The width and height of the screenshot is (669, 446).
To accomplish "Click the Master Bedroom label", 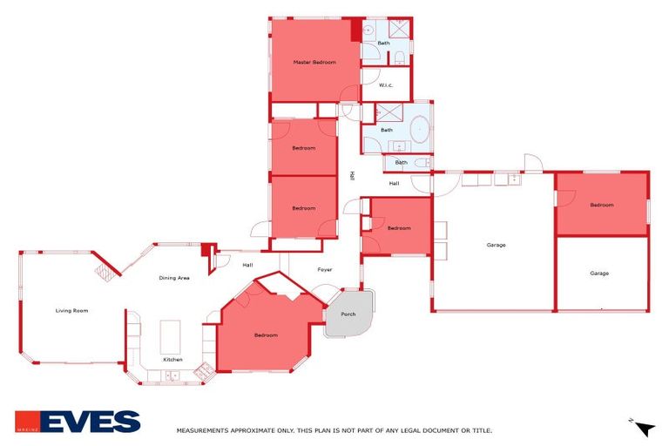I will (314, 63).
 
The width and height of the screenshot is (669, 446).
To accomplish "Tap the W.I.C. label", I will (387, 85).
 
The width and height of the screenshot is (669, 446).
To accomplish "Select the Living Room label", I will (72, 311).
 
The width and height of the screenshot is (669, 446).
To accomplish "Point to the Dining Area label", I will (174, 278).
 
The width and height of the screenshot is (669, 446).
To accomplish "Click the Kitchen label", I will (172, 360).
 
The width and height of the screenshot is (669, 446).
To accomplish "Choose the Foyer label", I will (325, 270).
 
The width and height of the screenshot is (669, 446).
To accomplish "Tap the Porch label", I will (348, 314).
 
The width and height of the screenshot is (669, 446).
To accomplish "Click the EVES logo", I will (78, 422).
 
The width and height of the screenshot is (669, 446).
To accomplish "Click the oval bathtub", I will (420, 130).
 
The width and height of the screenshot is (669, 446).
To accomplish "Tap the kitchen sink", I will (172, 376).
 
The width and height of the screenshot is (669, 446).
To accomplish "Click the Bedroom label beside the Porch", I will (266, 335).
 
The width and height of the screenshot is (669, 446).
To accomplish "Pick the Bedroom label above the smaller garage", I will (601, 206).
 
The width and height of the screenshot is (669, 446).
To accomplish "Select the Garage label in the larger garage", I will (496, 245).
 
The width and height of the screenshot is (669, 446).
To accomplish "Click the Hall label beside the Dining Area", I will (247, 265).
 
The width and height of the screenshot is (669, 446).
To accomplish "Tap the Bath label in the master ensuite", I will (383, 42).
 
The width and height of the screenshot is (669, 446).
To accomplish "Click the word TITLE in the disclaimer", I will (482, 430).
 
